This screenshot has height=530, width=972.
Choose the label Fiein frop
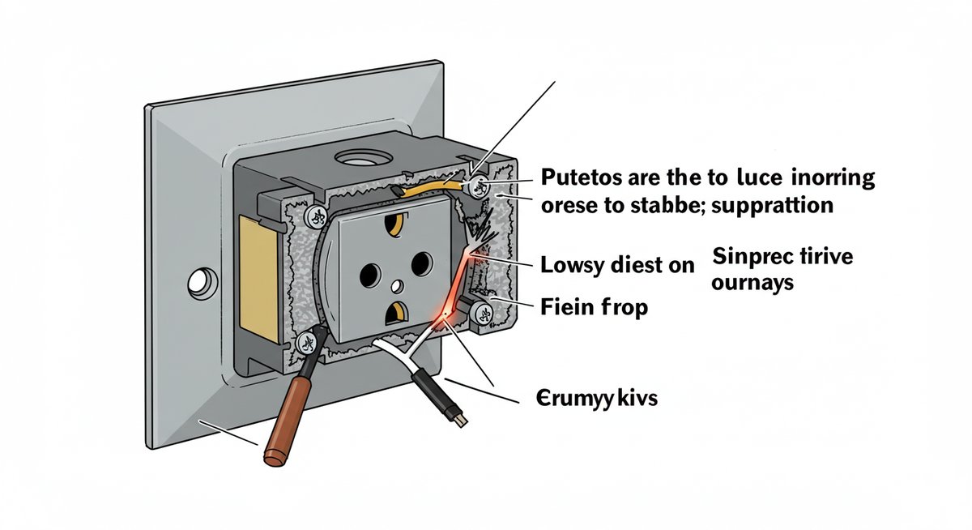pos(593,308)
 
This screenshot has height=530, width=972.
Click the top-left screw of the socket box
pos(315,216)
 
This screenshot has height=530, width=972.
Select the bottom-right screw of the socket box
pos(480,309)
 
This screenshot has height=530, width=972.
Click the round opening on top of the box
pos(360,156)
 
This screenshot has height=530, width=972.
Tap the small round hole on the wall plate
pos(198,285)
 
